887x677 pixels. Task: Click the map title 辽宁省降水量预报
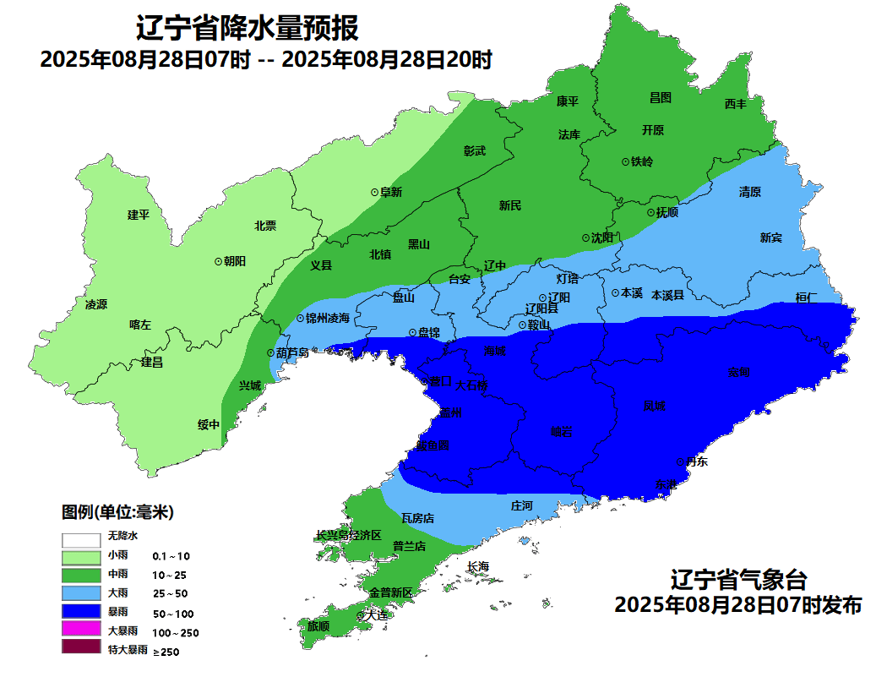tap(248, 30)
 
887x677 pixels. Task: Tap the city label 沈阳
tap(602, 238)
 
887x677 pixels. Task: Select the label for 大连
tap(376, 616)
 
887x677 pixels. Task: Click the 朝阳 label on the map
tap(234, 261)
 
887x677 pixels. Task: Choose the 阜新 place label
tap(390, 193)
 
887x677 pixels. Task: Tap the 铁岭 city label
tap(642, 161)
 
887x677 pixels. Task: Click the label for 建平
tap(138, 215)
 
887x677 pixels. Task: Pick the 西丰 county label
tap(735, 104)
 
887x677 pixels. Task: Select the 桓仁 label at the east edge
tap(807, 298)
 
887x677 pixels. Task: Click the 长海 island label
tap(477, 566)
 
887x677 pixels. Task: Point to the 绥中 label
tap(208, 424)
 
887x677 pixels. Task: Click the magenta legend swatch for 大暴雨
tap(80, 631)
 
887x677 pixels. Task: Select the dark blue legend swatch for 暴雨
tap(80, 612)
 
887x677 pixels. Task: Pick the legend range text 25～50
tap(170, 594)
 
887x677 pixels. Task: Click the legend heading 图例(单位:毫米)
tap(117, 512)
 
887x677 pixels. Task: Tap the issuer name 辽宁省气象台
tap(737, 581)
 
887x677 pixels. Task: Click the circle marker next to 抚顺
tap(650, 213)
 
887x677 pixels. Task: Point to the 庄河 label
tap(522, 505)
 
